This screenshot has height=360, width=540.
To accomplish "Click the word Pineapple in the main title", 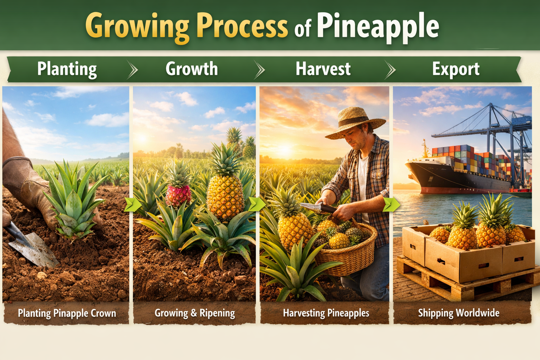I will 378,26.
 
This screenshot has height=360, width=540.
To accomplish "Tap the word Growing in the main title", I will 137,26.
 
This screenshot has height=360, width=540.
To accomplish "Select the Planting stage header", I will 67,69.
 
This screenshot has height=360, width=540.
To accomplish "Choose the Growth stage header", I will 192,69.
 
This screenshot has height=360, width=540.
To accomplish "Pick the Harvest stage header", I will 323,69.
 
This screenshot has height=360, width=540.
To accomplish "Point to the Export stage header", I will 456,69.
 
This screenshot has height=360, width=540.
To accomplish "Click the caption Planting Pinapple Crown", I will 67,313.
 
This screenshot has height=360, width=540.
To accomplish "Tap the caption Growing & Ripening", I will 195,313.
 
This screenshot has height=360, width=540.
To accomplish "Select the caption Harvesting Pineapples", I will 326,313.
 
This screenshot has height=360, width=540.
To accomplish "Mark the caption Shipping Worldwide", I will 458,313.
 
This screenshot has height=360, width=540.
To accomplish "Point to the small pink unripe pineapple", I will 178,195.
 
